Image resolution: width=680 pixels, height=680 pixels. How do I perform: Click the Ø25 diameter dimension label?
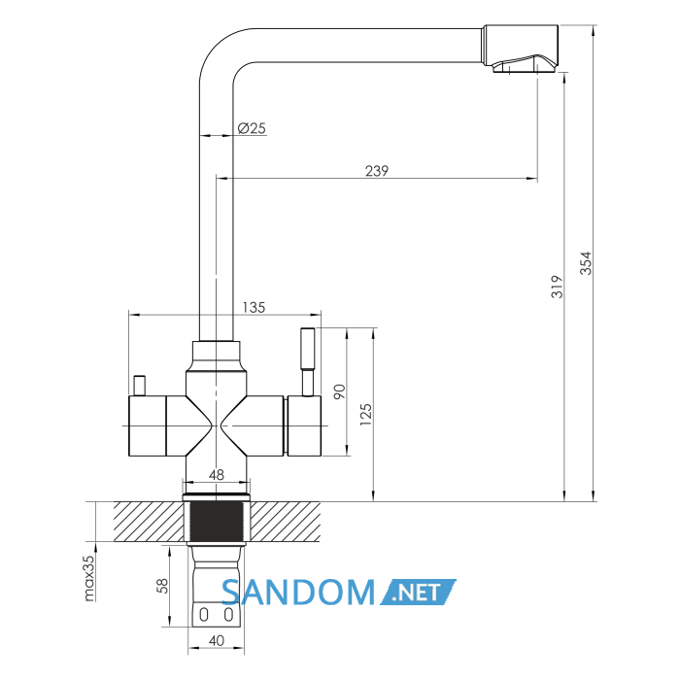(252, 128)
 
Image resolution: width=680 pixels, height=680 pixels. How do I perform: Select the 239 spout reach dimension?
(377, 171)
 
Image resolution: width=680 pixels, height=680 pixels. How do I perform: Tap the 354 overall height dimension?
(586, 263)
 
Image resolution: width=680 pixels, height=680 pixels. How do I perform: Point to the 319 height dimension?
(557, 287)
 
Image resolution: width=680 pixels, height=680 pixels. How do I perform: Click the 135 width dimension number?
(254, 308)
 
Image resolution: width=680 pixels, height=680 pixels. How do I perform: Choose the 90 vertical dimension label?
(340, 392)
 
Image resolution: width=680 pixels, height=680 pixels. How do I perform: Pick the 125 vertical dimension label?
(366, 414)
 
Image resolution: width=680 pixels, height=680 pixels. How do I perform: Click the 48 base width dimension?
(217, 475)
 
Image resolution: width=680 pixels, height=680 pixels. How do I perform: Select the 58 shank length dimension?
(162, 586)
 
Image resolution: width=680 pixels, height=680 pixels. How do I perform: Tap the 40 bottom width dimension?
(217, 640)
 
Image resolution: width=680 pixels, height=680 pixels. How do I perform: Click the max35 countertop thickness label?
(88, 578)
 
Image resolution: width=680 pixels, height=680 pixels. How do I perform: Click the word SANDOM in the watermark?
(298, 593)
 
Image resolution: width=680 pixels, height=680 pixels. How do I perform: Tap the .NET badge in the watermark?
(419, 592)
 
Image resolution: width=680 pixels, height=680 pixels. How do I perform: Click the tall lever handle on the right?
(308, 361)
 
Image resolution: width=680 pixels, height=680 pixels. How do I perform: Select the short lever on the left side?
(140, 386)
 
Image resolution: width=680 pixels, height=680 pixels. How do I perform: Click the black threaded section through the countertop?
(217, 522)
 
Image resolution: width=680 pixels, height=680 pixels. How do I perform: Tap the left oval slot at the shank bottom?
(204, 615)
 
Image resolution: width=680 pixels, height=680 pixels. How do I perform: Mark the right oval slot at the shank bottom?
(228, 615)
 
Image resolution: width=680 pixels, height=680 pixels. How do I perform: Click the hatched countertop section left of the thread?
(149, 522)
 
